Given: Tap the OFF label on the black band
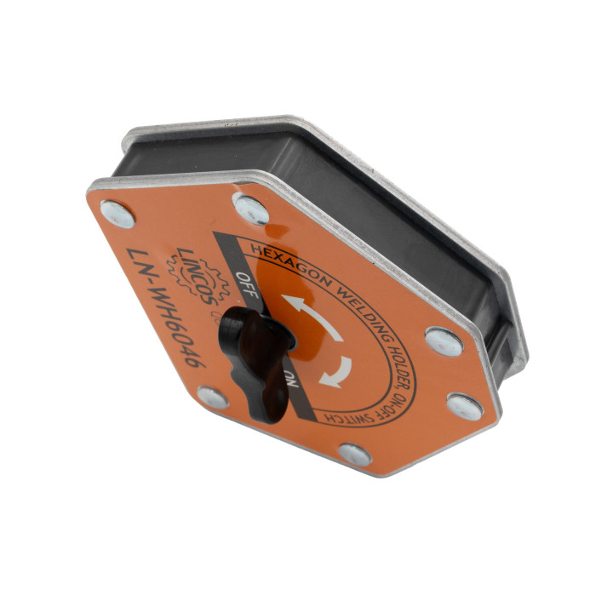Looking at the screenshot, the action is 247,285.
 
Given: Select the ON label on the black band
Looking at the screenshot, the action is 292,378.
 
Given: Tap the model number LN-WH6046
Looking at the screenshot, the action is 166,307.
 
